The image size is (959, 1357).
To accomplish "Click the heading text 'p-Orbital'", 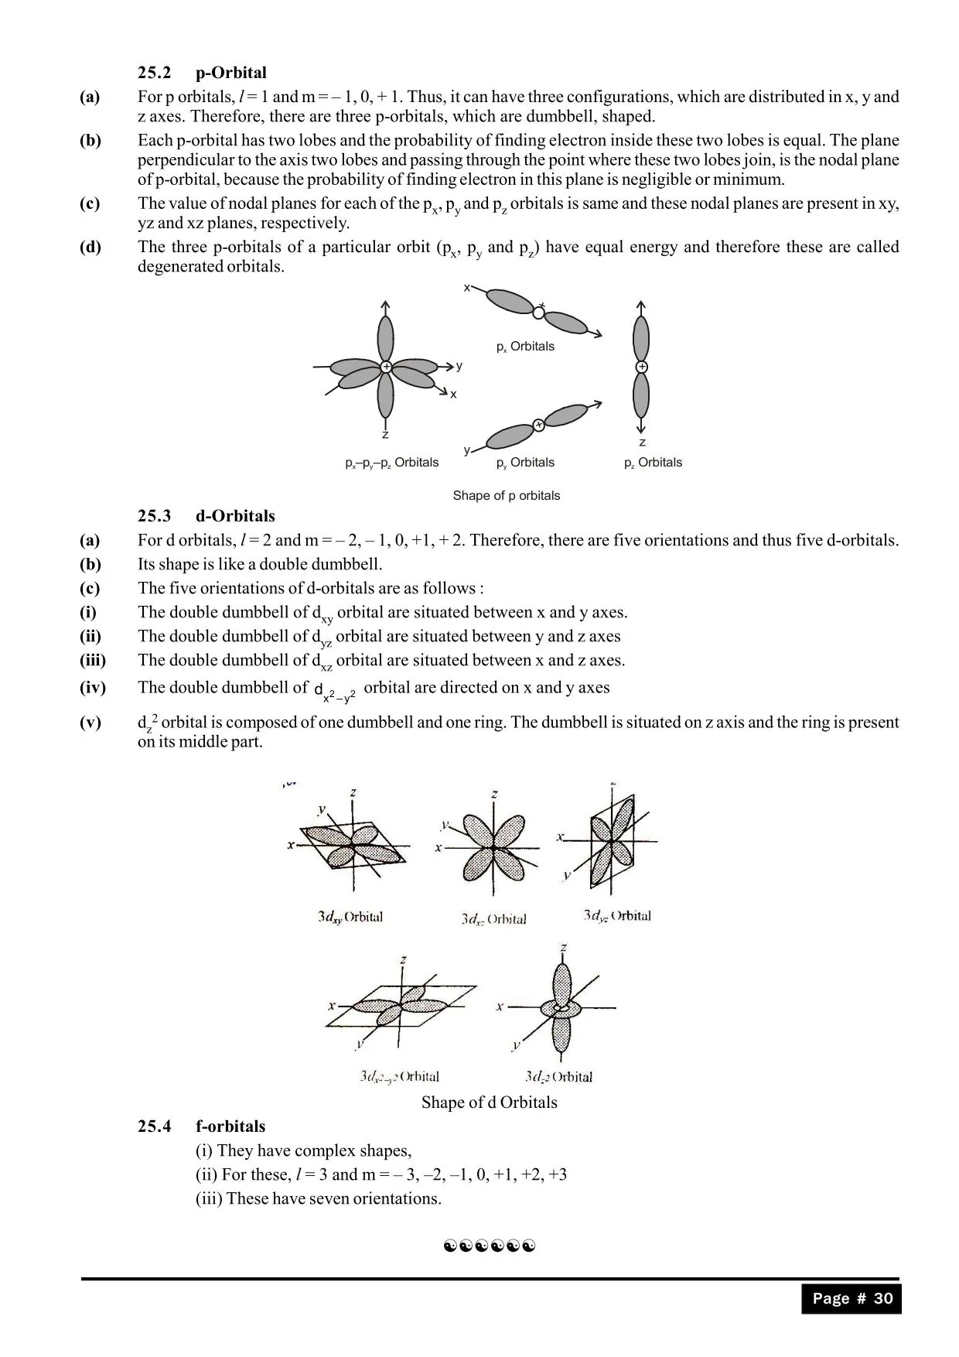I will (230, 73).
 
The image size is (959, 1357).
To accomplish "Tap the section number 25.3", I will (154, 516).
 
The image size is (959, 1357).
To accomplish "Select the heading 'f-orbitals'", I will (230, 1126).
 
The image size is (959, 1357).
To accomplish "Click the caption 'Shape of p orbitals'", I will (506, 495).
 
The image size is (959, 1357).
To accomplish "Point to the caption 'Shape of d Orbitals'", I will (489, 1102).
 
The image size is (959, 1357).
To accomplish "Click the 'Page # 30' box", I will (851, 1299).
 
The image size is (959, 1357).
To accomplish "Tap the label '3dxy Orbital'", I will (350, 917).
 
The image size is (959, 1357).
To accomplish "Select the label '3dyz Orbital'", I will (616, 916).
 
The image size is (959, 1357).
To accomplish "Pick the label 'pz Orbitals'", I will (653, 463).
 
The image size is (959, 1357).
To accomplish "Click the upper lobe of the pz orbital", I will (641, 337).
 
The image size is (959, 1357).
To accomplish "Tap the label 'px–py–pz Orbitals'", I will (391, 463).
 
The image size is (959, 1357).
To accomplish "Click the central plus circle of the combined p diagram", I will (385, 367).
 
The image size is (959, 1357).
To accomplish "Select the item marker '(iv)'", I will (93, 687).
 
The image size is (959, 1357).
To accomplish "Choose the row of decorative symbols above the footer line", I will (490, 1246).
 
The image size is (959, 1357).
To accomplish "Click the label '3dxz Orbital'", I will (493, 919).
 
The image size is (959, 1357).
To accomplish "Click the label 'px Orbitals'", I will (525, 347).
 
